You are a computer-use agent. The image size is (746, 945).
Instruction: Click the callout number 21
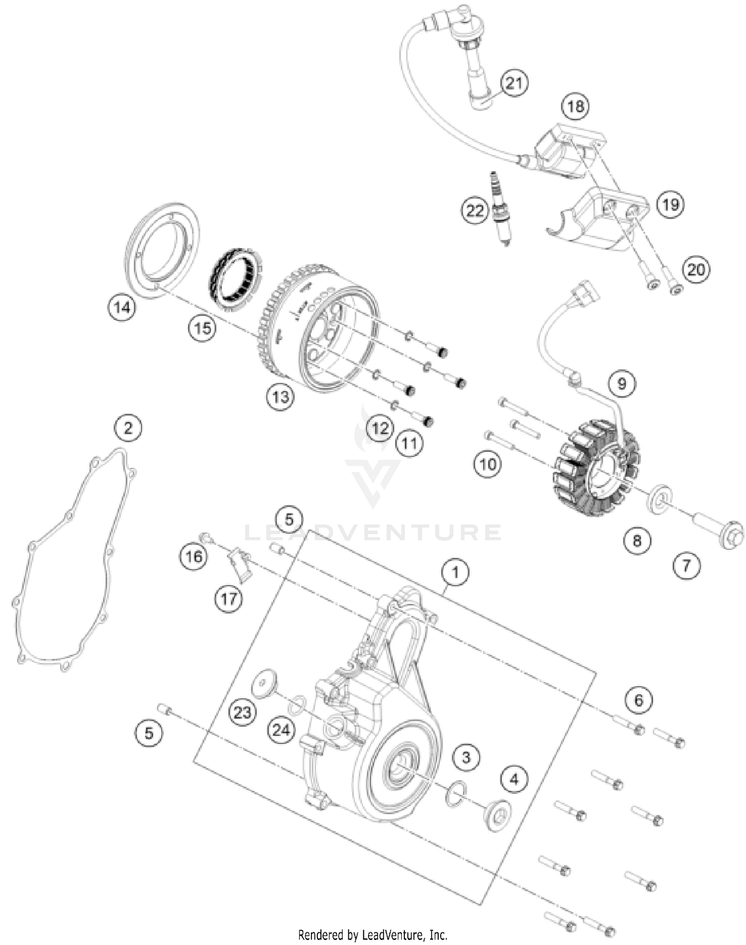(x=514, y=83)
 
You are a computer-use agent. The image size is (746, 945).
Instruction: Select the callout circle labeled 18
(x=575, y=106)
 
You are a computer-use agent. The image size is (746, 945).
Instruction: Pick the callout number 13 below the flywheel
(x=280, y=397)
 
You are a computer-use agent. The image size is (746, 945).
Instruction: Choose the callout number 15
(x=203, y=328)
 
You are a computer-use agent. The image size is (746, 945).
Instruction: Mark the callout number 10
(x=488, y=464)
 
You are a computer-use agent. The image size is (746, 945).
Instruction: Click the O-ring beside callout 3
(x=457, y=793)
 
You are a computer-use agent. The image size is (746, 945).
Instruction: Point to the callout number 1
(x=455, y=572)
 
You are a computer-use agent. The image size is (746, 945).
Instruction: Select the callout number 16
(x=193, y=556)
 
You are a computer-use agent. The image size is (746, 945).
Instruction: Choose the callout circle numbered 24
(x=281, y=730)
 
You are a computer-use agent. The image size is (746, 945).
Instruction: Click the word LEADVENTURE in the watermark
(x=373, y=532)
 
